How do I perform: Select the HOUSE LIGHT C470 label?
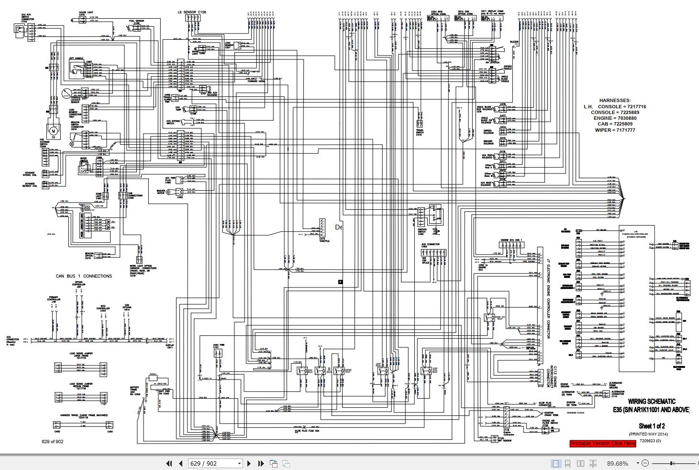pyautogui.click(x=86, y=12)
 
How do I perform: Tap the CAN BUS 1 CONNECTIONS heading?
pyautogui.click(x=84, y=276)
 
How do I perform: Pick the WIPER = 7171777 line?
pyautogui.click(x=615, y=130)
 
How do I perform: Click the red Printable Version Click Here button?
pyautogui.click(x=603, y=443)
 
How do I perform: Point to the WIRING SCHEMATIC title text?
pyautogui.click(x=652, y=401)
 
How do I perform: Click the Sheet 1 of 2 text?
pyautogui.click(x=652, y=426)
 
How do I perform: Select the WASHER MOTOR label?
pyautogui.click(x=160, y=192)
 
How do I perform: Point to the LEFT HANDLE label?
pyautogui.click(x=76, y=58)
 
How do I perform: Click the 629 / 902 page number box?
pyautogui.click(x=215, y=463)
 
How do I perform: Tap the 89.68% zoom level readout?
pyautogui.click(x=618, y=463)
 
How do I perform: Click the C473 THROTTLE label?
pyautogui.click(x=325, y=240)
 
